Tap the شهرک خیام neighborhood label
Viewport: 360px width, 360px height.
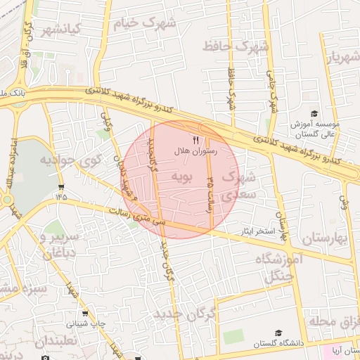[148, 22]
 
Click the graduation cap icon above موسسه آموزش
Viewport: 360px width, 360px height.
[314, 114]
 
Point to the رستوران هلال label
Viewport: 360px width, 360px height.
[196, 150]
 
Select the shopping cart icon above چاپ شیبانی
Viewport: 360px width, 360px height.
[85, 314]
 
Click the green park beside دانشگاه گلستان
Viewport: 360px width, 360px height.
[233, 336]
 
